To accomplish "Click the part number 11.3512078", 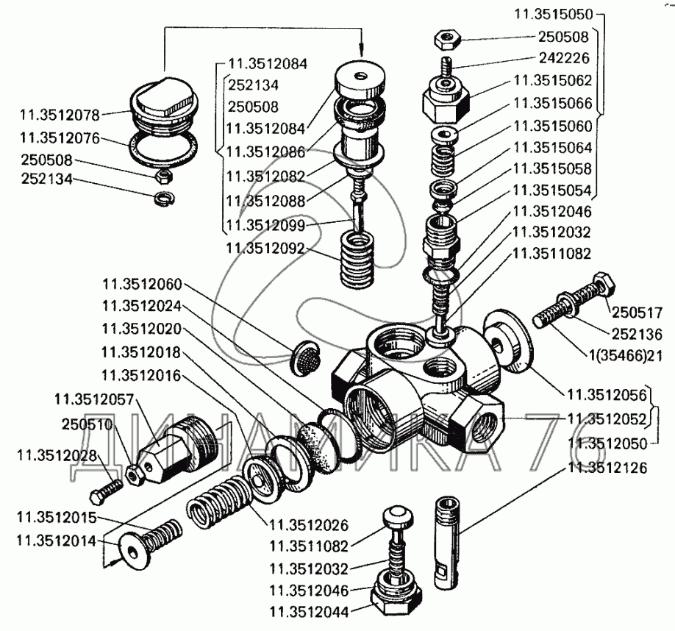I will click(x=60, y=115).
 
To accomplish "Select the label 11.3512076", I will click(x=60, y=137).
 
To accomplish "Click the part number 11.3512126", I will click(x=607, y=467).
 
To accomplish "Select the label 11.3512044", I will click(x=309, y=610).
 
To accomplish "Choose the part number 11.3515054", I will click(x=552, y=190).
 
